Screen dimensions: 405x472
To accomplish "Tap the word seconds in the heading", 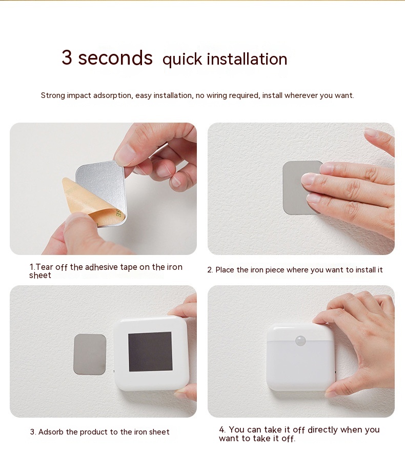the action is pos(115,58).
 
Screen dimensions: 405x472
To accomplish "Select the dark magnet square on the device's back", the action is pos(150,351).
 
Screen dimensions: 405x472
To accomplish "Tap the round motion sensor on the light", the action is pos(300,341).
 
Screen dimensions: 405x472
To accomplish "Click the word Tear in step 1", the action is pos(44,267).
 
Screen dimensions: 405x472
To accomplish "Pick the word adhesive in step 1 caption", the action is pos(102,267).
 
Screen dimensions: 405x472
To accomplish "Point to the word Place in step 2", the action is pos(225,270).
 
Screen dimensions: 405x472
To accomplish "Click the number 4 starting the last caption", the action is pos(222,429).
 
